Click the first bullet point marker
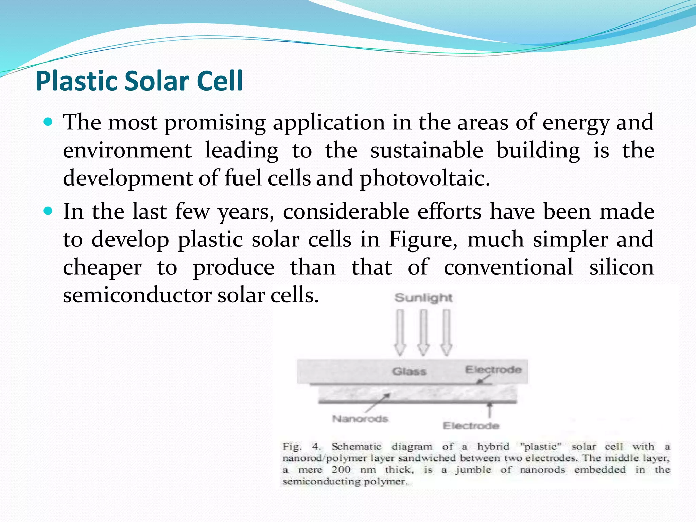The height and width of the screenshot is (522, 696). (x=48, y=122)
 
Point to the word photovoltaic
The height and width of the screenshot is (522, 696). (x=424, y=179)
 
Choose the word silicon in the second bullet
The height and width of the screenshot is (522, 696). (x=621, y=267)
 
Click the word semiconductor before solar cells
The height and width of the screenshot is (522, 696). (x=137, y=295)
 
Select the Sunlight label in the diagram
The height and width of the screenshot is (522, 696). (x=423, y=298)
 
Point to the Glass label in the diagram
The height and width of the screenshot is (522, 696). (x=409, y=371)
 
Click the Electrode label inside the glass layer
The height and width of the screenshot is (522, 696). (x=493, y=369)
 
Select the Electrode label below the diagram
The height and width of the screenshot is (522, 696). (x=471, y=426)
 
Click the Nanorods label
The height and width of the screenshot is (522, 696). (x=360, y=419)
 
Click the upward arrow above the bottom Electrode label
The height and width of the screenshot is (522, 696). (x=489, y=410)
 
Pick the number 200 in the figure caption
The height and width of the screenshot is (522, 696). (x=341, y=470)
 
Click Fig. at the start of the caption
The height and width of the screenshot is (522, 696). (x=292, y=446)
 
